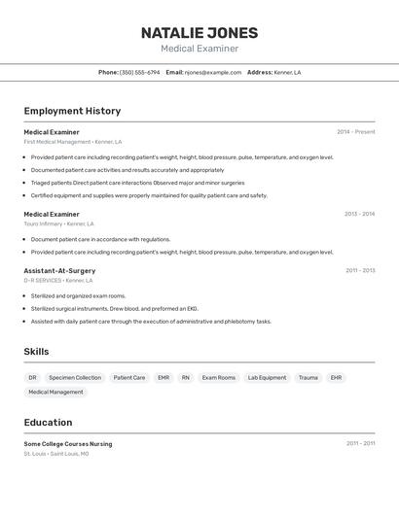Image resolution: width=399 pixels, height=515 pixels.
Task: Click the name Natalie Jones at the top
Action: pyautogui.click(x=199, y=32)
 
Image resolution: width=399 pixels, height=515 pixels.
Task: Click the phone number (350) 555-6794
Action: pyautogui.click(x=139, y=72)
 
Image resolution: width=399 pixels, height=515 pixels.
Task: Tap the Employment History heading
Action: pyautogui.click(x=72, y=111)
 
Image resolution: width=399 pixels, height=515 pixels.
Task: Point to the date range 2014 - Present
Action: pyautogui.click(x=355, y=132)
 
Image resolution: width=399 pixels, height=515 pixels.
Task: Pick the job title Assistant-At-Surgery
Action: pyautogui.click(x=59, y=270)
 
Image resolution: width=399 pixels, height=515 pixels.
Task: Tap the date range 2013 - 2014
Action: pyautogui.click(x=359, y=214)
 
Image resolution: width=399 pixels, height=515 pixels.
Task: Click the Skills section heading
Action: pyautogui.click(x=36, y=352)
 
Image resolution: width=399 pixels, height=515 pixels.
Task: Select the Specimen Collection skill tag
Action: pyautogui.click(x=75, y=377)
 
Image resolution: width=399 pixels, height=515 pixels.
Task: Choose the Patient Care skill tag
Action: pyautogui.click(x=129, y=377)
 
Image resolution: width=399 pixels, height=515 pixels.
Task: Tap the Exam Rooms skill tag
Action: pyautogui.click(x=219, y=377)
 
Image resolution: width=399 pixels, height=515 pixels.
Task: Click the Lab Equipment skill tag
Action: pyautogui.click(x=267, y=377)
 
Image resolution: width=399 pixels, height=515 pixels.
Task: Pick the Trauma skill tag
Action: pyautogui.click(x=308, y=377)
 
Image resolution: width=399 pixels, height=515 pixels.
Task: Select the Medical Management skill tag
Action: pyautogui.click(x=55, y=393)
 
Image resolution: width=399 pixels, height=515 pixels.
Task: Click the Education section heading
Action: pyautogui.click(x=48, y=423)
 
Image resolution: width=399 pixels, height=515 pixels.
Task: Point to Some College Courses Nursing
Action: pyautogui.click(x=68, y=444)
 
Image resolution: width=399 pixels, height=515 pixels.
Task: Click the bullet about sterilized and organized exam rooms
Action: pyautogui.click(x=78, y=295)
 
